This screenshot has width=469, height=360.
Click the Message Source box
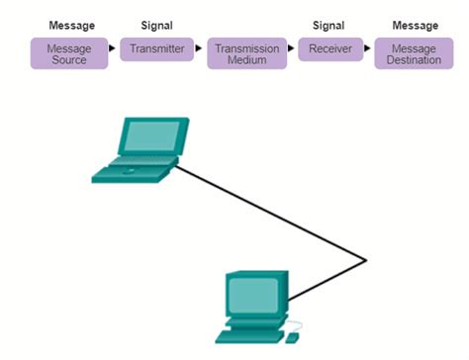(68, 53)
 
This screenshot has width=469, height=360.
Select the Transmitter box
(157, 48)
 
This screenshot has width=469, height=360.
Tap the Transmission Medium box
(246, 53)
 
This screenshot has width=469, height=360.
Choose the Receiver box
(330, 48)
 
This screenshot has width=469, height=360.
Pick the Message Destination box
(414, 53)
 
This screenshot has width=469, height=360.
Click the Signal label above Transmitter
(157, 25)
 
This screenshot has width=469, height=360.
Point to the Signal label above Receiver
(330, 25)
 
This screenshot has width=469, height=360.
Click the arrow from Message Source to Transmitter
(113, 47)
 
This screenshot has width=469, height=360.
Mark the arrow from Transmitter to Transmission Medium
(200, 47)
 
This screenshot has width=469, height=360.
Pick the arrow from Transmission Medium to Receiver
(292, 47)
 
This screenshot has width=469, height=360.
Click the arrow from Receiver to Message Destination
(369, 47)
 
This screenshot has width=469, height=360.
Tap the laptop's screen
(151, 137)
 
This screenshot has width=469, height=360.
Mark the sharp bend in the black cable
(366, 261)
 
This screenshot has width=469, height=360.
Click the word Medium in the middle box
(247, 60)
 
